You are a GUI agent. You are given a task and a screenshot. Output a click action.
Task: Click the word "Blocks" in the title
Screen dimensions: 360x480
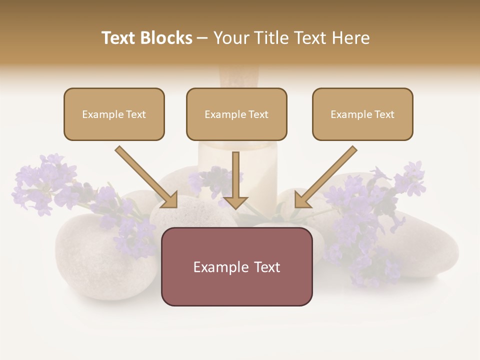[167, 38]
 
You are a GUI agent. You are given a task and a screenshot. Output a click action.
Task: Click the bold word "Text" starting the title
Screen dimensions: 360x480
[119, 38]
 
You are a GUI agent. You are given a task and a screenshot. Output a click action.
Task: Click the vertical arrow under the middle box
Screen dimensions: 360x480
[236, 175]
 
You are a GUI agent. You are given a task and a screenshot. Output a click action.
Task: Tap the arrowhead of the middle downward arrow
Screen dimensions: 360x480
[236, 202]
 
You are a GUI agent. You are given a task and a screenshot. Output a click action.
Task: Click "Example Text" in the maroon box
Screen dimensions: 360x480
[236, 266]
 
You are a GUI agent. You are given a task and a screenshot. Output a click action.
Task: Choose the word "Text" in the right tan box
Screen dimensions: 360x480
[384, 114]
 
